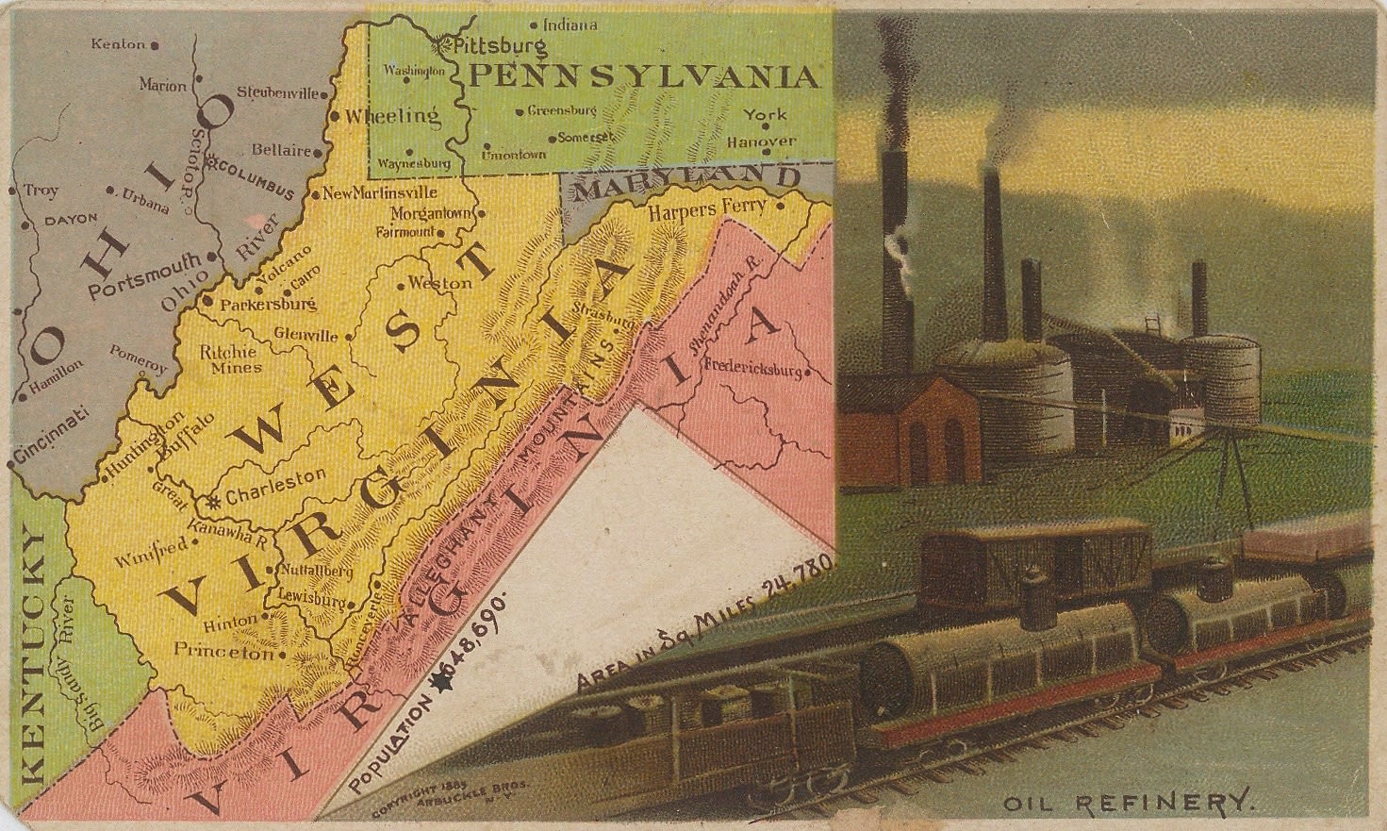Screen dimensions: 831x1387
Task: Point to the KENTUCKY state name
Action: pyautogui.click(x=32, y=657)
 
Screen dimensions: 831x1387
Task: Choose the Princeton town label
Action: pyautogui.click(x=223, y=651)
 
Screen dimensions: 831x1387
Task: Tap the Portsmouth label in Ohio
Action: pyautogui.click(x=144, y=274)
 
